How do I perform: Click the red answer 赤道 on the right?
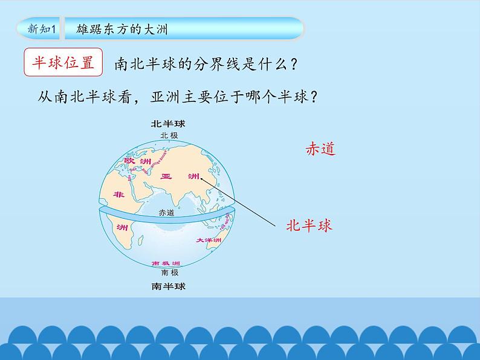(x=320, y=149)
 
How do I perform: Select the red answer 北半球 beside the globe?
(x=309, y=226)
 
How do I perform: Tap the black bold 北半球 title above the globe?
(x=168, y=124)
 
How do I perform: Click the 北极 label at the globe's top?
(x=169, y=135)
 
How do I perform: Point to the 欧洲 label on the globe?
(x=137, y=161)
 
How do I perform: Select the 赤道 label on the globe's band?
(x=166, y=213)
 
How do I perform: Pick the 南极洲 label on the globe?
(x=166, y=264)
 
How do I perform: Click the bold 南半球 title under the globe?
(x=168, y=286)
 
